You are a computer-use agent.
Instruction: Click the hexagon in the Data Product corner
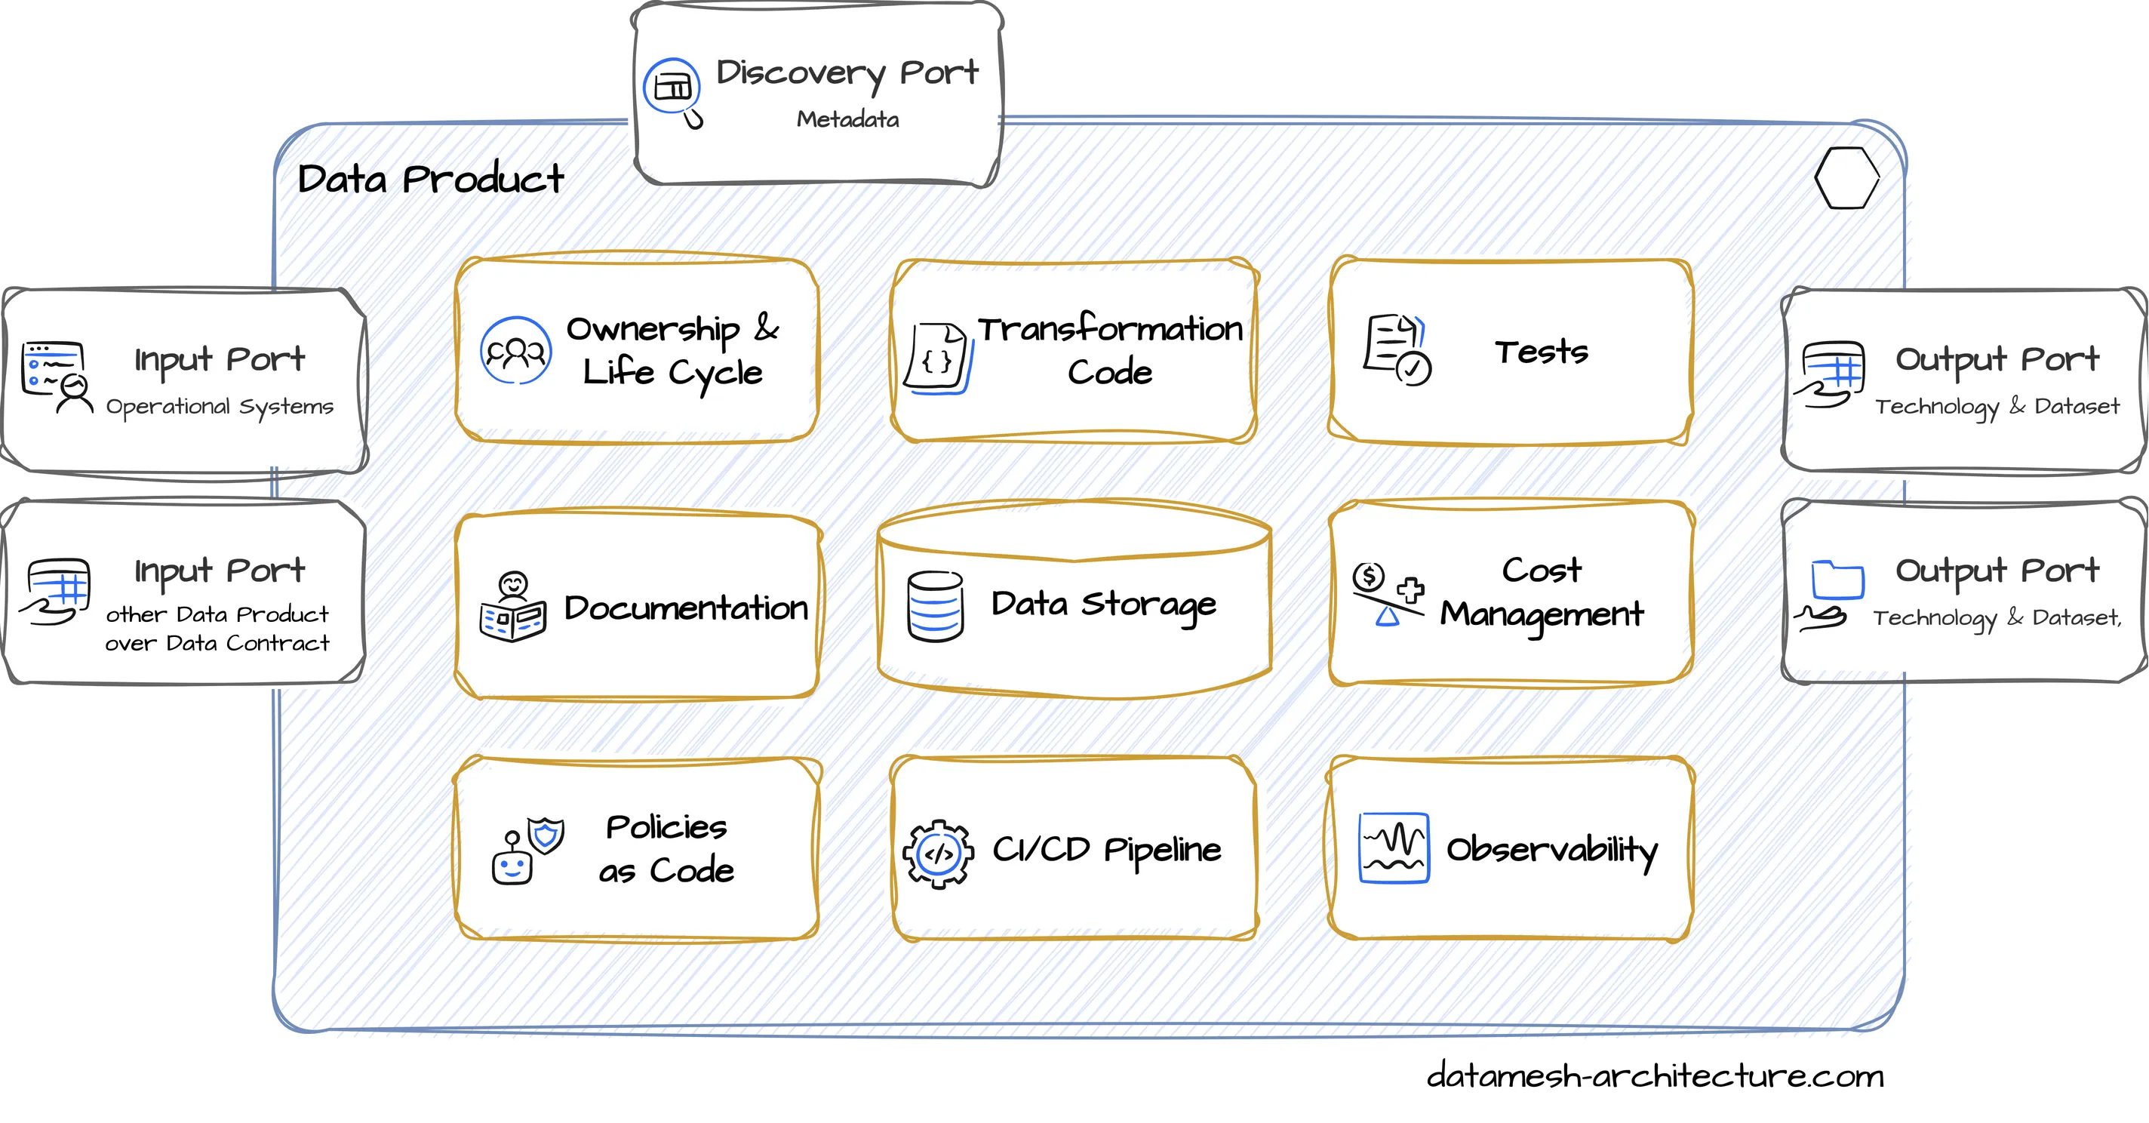point(1846,177)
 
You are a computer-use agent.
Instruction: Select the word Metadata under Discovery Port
point(847,119)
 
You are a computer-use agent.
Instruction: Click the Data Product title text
point(430,180)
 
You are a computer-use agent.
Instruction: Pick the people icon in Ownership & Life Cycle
point(515,350)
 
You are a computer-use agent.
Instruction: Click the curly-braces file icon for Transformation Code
point(939,358)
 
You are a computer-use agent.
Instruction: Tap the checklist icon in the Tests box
point(1397,349)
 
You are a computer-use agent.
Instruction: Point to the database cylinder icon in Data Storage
point(935,607)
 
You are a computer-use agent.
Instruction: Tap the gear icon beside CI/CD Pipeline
point(939,853)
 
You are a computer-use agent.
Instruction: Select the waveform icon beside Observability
point(1393,848)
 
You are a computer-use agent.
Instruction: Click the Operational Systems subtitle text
point(220,406)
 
